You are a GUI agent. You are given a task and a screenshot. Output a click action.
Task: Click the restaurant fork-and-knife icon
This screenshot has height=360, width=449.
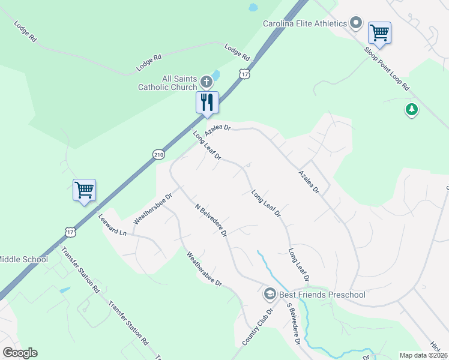[207, 102]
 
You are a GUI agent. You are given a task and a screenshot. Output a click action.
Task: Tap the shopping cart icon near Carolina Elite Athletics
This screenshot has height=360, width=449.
[379, 32]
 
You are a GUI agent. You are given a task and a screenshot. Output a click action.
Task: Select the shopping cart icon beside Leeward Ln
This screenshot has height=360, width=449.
[84, 190]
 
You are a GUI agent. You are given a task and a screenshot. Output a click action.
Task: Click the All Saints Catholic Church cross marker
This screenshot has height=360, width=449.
[206, 82]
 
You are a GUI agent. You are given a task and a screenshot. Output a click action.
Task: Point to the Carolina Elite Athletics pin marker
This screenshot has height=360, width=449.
[356, 23]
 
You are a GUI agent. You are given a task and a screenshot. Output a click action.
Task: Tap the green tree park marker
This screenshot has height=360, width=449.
[411, 110]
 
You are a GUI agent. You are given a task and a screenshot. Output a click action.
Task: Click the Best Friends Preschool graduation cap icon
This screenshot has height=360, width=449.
[270, 294]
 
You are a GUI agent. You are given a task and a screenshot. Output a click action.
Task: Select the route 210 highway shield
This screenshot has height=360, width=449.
[158, 154]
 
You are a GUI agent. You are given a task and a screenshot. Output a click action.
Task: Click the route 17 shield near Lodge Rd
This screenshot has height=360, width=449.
[244, 73]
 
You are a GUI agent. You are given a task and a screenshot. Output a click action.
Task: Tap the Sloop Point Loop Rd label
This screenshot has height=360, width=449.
[387, 67]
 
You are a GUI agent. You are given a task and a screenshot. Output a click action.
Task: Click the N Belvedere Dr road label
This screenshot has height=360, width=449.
[211, 220]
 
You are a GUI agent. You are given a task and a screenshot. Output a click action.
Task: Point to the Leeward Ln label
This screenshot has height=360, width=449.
[114, 224]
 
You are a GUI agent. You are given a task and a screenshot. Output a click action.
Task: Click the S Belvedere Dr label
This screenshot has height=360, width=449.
[292, 324]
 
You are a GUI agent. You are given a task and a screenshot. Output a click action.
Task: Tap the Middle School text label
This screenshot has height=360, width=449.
[23, 259]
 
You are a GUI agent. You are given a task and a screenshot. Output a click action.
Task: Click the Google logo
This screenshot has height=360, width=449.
[20, 353]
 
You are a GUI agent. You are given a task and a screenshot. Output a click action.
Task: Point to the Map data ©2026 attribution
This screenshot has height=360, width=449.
[423, 355]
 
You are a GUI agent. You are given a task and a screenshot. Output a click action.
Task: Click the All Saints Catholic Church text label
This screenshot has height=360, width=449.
[167, 83]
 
